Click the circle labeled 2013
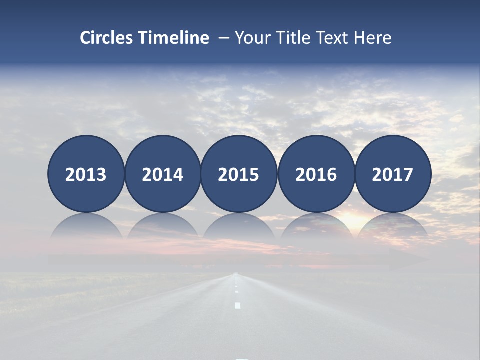coord(86,174)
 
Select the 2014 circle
coord(162,174)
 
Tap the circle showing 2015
coord(239,174)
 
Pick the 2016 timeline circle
coord(316,174)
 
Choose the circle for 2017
coord(392,174)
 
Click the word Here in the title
coord(373,38)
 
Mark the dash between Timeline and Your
coord(224,38)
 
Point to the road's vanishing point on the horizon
coord(236,273)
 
